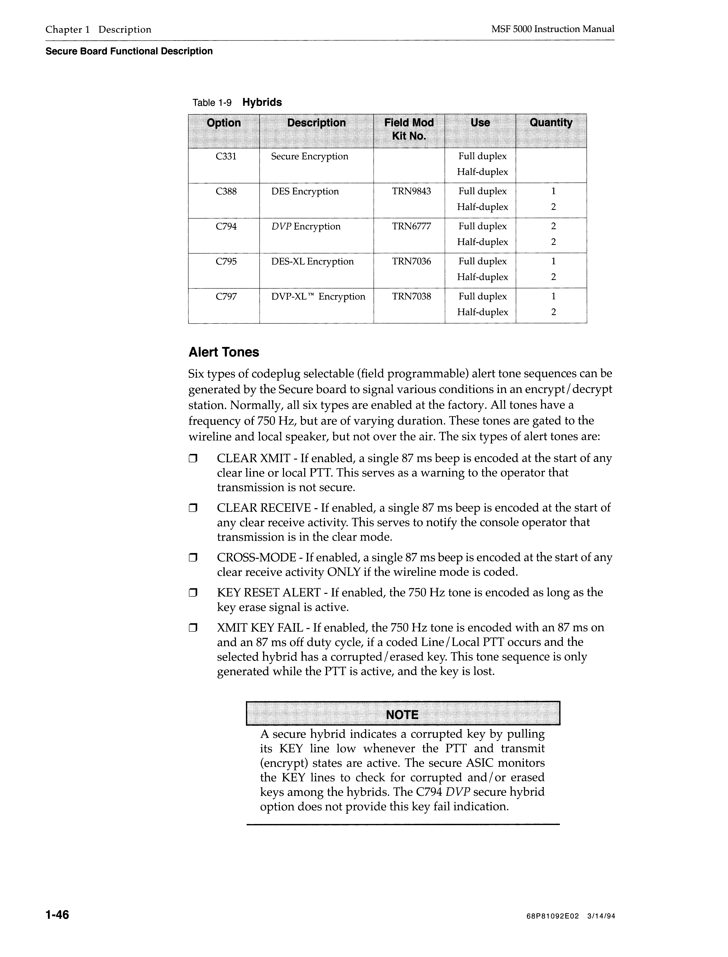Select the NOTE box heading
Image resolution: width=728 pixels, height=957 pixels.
tap(402, 715)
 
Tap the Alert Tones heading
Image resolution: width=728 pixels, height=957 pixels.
tap(224, 352)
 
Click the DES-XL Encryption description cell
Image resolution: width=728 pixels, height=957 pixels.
tap(312, 261)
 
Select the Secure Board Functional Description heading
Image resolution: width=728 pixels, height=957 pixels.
tap(129, 51)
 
